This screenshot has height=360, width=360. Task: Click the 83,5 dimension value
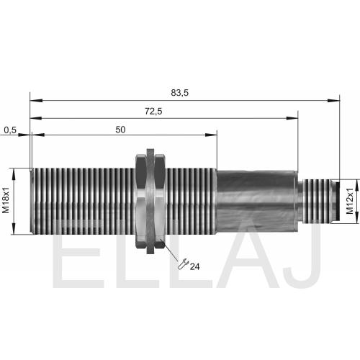click(x=180, y=93)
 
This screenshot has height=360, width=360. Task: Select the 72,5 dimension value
click(x=153, y=112)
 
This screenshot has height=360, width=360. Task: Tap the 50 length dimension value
click(x=120, y=130)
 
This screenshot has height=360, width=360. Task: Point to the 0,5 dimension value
click(x=10, y=130)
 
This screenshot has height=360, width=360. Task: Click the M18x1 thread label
click(x=6, y=200)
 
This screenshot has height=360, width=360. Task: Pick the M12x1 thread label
click(x=350, y=201)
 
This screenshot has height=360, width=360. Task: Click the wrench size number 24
click(x=194, y=266)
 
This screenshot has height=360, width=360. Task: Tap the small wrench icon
click(x=183, y=264)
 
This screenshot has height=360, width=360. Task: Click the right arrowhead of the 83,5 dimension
click(x=334, y=100)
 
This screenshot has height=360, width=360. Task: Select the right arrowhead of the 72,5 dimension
click(x=292, y=118)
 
